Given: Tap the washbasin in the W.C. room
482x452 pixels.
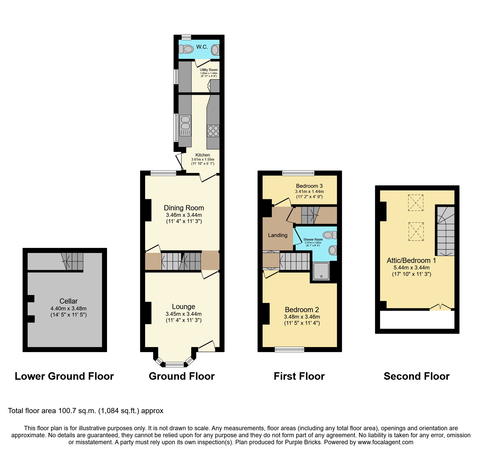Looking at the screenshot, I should click(215, 50).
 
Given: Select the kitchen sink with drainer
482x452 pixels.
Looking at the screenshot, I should click(185, 126).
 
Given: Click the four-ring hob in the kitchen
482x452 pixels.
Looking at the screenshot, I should click(213, 131).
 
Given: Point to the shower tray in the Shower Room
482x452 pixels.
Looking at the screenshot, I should click(321, 271).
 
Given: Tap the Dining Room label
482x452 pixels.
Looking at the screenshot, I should click(184, 208).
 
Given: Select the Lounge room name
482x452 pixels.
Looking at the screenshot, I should click(183, 307).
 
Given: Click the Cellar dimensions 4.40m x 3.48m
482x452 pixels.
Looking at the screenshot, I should click(68, 308).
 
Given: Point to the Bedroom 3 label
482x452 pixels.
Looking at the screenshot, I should click(309, 186).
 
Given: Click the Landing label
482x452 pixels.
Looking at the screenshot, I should click(278, 235).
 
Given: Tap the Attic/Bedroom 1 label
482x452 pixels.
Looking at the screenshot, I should click(411, 261).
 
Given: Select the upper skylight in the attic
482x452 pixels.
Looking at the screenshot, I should click(416, 203).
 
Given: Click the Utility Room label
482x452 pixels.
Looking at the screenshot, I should click(209, 70).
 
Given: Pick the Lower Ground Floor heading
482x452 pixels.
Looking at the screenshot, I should click(64, 376).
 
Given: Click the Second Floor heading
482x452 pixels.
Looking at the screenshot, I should click(416, 376).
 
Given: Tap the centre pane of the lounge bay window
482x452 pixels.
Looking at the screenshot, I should click(175, 365).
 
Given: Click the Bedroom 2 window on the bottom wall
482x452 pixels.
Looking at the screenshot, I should click(289, 349).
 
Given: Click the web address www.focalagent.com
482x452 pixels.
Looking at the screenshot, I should click(385, 442).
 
